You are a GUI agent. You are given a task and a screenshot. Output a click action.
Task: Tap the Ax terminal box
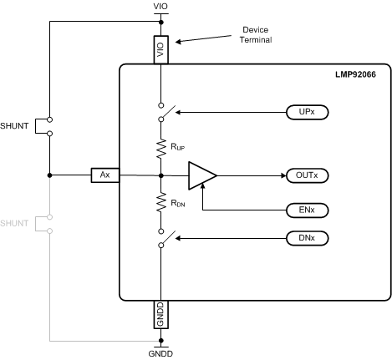[x=105, y=175]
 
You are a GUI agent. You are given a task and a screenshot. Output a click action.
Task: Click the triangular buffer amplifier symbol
[x=201, y=175]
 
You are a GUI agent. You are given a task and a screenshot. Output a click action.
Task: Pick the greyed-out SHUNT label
[x=16, y=224]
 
